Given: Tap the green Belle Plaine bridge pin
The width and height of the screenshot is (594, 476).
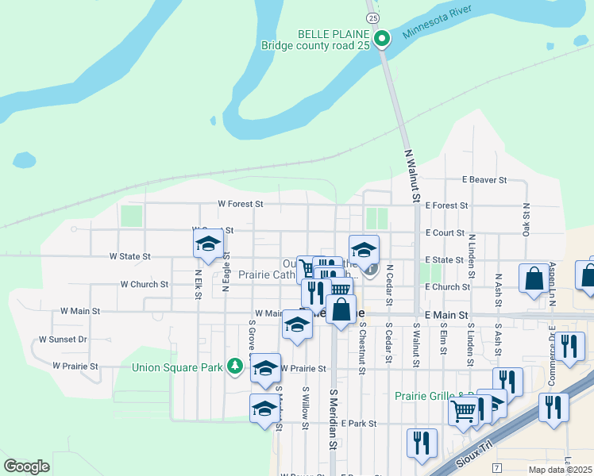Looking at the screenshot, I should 382,37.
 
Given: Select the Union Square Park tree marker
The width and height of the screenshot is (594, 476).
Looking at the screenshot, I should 234,366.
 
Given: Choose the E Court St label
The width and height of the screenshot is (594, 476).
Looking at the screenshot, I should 445,232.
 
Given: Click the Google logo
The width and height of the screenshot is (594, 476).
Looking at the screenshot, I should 26,466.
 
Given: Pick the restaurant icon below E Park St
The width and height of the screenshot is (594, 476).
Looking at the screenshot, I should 421,441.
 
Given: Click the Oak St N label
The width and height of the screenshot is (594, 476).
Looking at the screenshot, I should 526,217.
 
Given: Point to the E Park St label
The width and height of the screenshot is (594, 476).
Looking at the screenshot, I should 358,424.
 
